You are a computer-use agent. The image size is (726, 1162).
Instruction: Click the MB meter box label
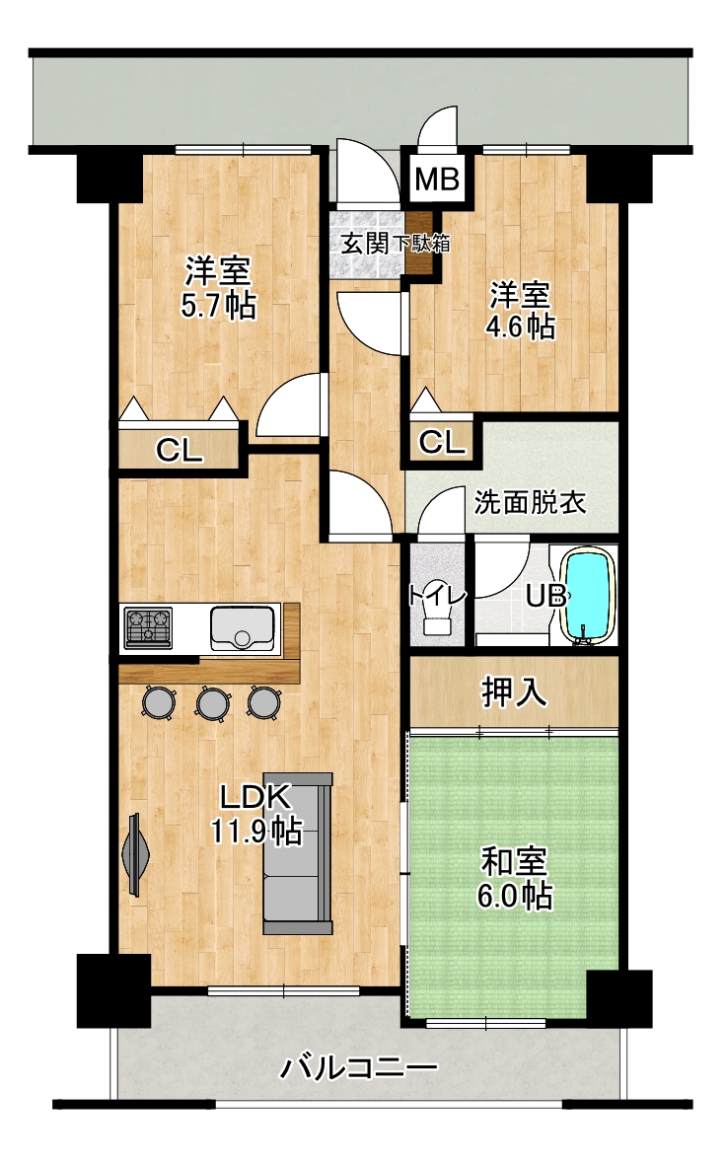tap(437, 180)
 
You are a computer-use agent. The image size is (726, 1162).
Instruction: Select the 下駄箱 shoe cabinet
tap(421, 243)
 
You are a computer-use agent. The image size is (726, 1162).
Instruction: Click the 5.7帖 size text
tap(219, 305)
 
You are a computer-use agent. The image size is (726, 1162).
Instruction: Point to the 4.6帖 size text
tap(521, 327)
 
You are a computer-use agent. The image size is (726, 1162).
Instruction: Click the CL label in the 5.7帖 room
tap(179, 450)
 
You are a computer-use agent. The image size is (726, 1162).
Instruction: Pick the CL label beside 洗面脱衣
tap(442, 443)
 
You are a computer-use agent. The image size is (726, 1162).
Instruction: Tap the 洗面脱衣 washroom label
tap(531, 502)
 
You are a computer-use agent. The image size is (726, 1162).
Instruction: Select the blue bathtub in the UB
tap(589, 595)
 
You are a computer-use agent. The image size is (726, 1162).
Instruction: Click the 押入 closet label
tap(514, 691)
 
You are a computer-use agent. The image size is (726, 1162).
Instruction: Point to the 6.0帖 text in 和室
tap(514, 896)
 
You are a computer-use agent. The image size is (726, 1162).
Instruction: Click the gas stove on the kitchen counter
tap(148, 628)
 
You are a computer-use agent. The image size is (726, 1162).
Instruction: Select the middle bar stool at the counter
tap(212, 702)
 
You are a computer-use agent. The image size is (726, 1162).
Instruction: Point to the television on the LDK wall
tap(136, 853)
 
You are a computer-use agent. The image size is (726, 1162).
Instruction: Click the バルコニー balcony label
tap(358, 1068)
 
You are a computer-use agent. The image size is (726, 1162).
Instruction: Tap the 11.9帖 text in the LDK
tap(256, 831)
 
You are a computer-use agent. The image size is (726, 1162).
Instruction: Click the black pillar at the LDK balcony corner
tap(114, 980)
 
